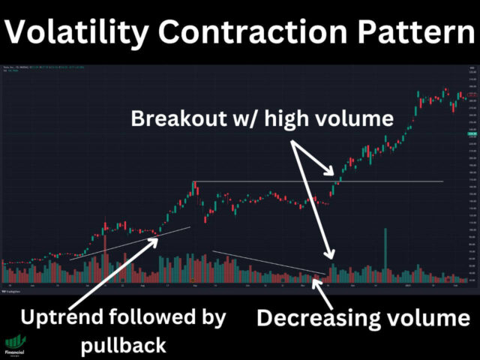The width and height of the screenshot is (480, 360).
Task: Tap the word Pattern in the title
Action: tap(408, 34)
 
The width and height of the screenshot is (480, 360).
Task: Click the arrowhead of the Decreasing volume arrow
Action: tap(316, 280)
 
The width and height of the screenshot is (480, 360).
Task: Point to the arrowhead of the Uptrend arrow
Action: tap(157, 238)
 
